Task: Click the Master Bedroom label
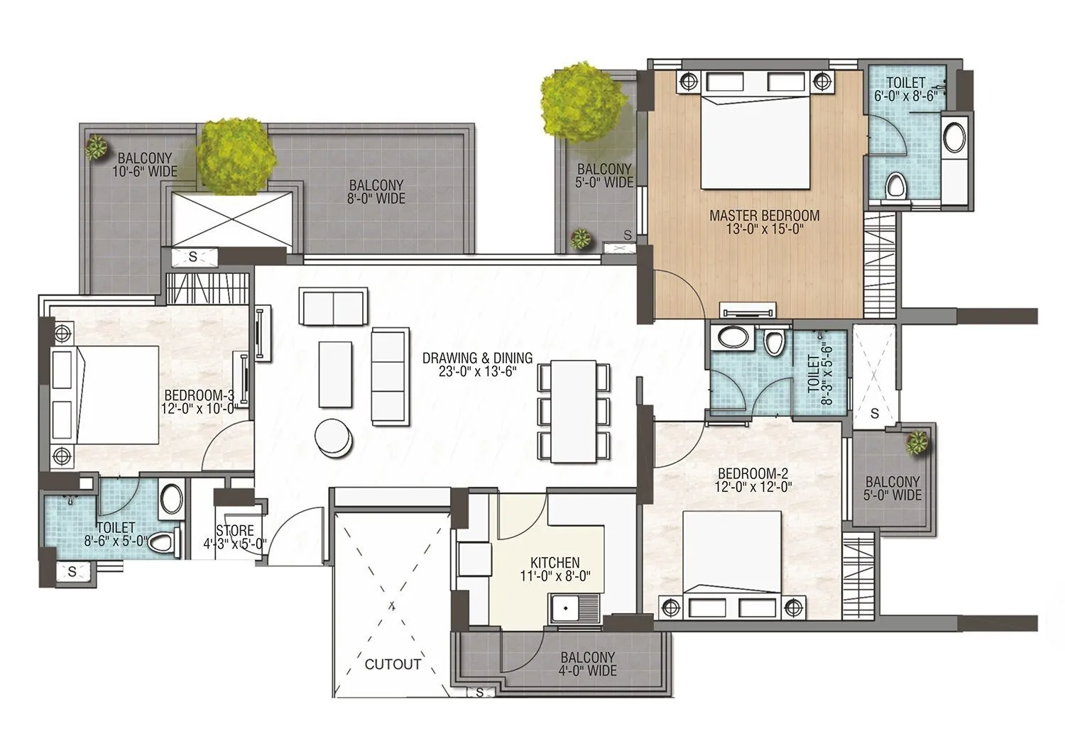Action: (x=765, y=222)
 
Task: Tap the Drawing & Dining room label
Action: (x=477, y=365)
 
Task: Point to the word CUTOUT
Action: (x=393, y=664)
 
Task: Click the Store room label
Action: (x=235, y=537)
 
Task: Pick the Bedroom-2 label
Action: (x=753, y=480)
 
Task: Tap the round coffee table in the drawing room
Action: (x=334, y=438)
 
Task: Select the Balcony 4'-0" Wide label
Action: (x=587, y=664)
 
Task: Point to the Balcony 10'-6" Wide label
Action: (x=145, y=165)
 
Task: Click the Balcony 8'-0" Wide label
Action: (x=376, y=192)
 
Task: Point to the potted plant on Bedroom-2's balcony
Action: (x=918, y=442)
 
